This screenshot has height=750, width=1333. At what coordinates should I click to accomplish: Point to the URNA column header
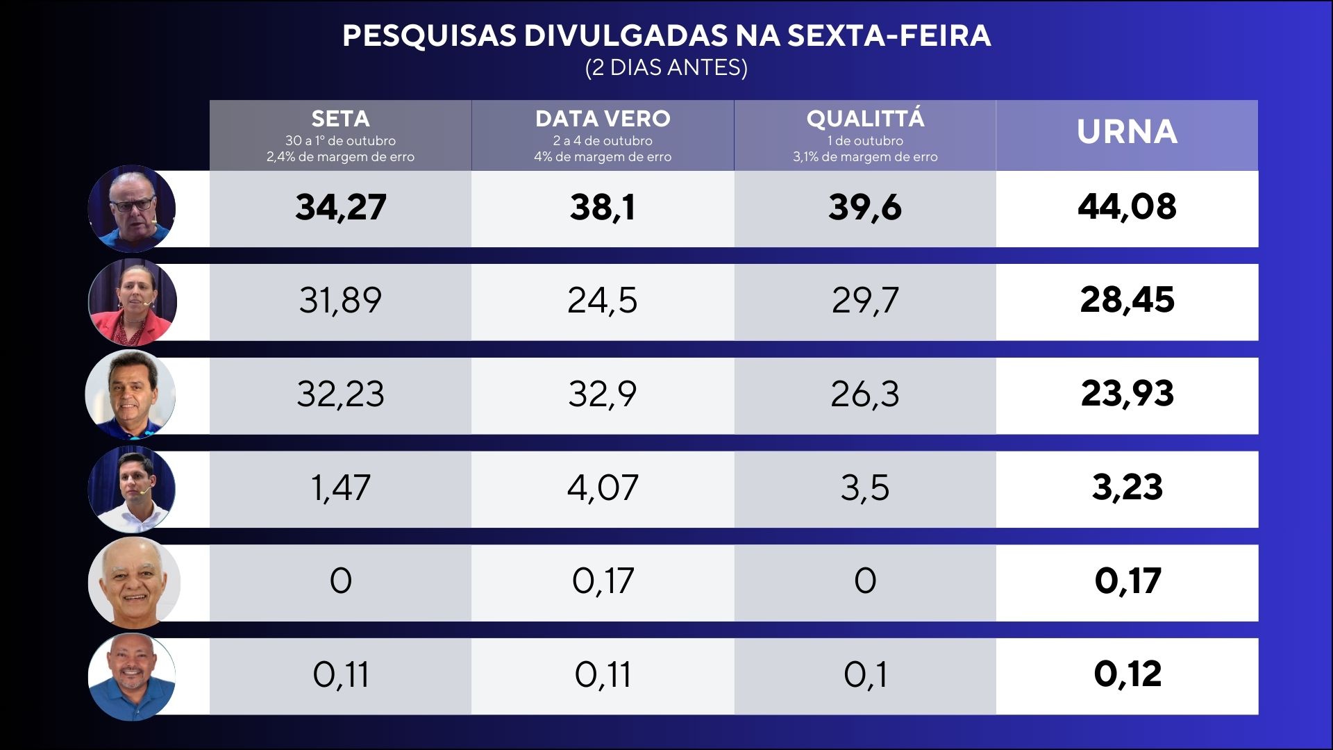(1127, 132)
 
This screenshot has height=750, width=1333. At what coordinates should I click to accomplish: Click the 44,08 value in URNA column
(1127, 207)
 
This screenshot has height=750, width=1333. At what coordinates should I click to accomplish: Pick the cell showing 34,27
(340, 208)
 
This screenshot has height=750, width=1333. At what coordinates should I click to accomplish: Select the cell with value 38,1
(603, 208)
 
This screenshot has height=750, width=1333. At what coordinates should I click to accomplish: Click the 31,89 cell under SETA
(340, 301)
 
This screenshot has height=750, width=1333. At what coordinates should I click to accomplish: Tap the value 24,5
(603, 301)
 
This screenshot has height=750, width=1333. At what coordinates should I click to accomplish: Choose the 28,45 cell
(1127, 300)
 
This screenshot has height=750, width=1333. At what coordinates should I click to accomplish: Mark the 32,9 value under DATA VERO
(603, 394)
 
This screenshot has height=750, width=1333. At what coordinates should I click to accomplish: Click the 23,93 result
(1127, 394)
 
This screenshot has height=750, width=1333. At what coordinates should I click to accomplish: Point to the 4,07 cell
(603, 487)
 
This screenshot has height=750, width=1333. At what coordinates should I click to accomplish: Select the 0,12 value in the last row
(1127, 674)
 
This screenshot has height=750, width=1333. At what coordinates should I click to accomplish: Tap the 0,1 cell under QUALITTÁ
(865, 675)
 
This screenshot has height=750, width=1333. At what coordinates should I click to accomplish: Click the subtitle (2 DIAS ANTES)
(666, 68)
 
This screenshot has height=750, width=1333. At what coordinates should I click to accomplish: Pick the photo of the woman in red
(132, 303)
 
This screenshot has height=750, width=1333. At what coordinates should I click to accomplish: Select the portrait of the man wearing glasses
(132, 208)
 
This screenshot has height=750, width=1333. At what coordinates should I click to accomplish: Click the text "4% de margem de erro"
(603, 157)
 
